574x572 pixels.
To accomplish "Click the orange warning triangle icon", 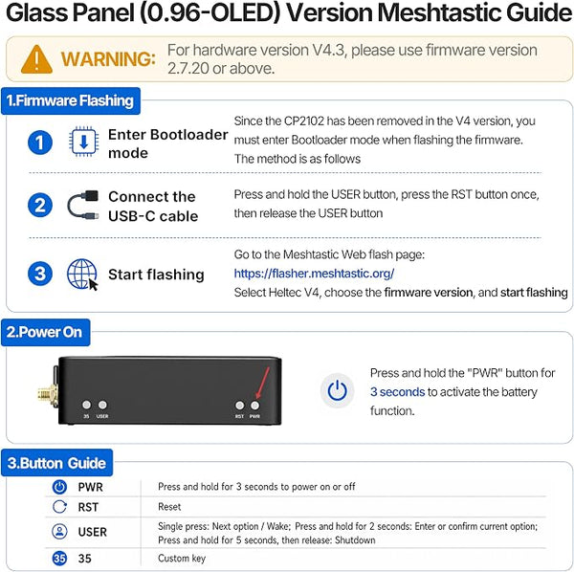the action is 36,59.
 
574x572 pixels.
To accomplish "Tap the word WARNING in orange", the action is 108,59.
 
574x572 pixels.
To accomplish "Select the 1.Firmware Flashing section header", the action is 71,100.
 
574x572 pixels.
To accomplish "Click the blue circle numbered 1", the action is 40,143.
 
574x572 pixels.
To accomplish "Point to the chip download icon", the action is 83,142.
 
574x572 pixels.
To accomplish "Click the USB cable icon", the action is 83,205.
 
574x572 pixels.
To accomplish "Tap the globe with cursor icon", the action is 82,275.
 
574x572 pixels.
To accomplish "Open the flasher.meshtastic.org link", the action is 314,274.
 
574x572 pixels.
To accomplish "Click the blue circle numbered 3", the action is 40,274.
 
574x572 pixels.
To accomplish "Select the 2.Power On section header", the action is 45,332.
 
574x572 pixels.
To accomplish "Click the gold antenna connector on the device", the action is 47,395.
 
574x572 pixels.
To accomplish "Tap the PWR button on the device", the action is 254,406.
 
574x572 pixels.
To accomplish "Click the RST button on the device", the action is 240,406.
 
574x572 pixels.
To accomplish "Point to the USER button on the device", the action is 102,405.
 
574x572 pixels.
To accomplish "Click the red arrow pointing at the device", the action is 263,383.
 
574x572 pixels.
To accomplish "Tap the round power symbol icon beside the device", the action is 337,390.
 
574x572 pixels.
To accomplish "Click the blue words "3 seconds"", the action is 397,392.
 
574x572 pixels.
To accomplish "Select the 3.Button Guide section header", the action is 56,463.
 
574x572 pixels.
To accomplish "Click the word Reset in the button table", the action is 169,507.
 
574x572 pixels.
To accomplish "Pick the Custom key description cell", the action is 182,558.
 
